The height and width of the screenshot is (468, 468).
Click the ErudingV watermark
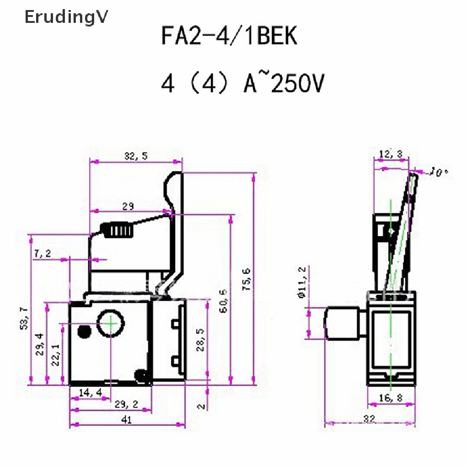[66, 17]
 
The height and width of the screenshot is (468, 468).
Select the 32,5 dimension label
[136, 156]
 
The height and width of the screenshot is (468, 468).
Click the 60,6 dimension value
[223, 300]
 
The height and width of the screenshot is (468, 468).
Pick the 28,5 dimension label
[200, 339]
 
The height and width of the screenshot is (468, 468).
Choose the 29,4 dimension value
[40, 344]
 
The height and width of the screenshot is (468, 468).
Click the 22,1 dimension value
[55, 354]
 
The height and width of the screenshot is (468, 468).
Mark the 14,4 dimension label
[90, 392]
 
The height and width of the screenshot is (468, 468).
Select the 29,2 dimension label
[127, 404]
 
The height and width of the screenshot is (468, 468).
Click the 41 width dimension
[128, 420]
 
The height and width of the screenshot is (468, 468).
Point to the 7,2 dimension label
[42, 253]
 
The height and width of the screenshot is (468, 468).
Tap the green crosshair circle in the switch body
[111, 324]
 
